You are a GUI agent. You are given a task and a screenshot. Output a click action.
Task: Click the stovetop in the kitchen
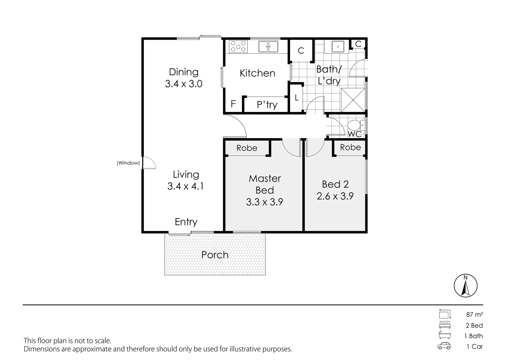tap(238, 46)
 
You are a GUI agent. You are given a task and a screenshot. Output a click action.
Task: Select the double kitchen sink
tap(268, 46)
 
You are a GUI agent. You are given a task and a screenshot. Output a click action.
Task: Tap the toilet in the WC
tap(354, 125)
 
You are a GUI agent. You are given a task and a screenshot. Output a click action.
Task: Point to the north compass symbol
tap(465, 286)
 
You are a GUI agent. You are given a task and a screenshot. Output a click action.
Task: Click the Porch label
tap(215, 255)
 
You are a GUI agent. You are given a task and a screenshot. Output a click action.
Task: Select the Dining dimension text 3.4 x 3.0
tap(184, 84)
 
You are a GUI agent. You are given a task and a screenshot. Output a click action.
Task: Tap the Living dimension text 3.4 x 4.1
tap(186, 186)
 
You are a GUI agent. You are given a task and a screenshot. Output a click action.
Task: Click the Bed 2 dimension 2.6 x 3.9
tap(335, 196)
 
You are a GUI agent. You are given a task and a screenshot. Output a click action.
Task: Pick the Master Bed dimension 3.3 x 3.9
tap(264, 202)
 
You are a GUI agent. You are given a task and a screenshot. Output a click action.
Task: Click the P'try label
tap(267, 105)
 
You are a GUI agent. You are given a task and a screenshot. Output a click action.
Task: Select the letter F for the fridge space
tap(233, 104)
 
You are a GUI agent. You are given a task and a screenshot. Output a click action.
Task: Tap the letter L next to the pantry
tap(296, 98)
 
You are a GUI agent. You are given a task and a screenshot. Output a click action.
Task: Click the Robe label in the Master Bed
tap(247, 148)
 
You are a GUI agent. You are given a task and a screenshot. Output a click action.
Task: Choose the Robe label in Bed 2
tap(350, 147)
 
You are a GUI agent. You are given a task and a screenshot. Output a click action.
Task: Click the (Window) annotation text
tap(128, 163)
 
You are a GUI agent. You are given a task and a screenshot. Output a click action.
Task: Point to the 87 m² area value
tap(474, 314)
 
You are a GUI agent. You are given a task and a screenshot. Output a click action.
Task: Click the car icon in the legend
tap(444, 346)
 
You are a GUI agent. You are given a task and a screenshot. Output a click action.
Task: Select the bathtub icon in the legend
tap(444, 335)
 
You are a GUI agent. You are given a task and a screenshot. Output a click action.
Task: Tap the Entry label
tap(186, 222)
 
